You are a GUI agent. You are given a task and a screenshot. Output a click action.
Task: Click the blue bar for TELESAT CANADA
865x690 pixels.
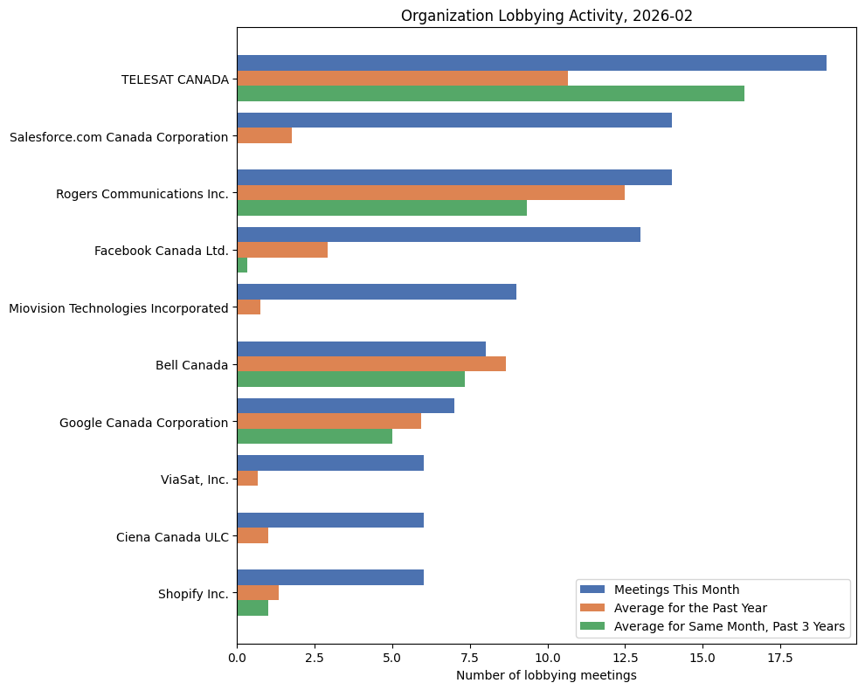[531, 63]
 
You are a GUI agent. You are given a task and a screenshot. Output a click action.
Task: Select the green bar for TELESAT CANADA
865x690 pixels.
[490, 93]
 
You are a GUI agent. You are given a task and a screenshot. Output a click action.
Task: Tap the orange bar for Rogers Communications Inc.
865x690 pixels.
[431, 192]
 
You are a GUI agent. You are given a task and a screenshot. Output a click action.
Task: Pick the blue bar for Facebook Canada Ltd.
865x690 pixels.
[439, 234]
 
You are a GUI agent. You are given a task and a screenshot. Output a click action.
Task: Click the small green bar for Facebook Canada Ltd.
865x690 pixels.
[242, 266]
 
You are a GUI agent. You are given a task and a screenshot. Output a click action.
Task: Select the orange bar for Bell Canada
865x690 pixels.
[371, 363]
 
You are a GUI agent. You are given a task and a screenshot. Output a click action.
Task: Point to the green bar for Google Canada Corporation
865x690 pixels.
[315, 436]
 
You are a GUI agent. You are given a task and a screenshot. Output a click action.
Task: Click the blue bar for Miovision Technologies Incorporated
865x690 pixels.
[377, 292]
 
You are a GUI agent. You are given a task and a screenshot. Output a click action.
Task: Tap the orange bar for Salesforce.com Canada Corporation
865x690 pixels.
[264, 135]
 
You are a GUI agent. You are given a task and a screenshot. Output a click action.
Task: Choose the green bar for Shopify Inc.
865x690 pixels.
[253, 608]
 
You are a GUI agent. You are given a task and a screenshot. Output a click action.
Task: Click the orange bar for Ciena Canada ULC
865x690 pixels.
[253, 535]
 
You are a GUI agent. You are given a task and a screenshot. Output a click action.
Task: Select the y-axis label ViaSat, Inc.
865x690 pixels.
[194, 480]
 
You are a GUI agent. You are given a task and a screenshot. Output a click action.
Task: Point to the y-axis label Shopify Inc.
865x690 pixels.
[193, 594]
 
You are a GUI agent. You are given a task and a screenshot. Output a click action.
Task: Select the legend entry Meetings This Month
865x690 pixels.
[676, 589]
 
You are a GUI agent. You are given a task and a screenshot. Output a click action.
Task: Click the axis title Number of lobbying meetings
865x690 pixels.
[546, 675]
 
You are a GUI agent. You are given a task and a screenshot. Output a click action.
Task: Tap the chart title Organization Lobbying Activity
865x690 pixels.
[546, 16]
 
